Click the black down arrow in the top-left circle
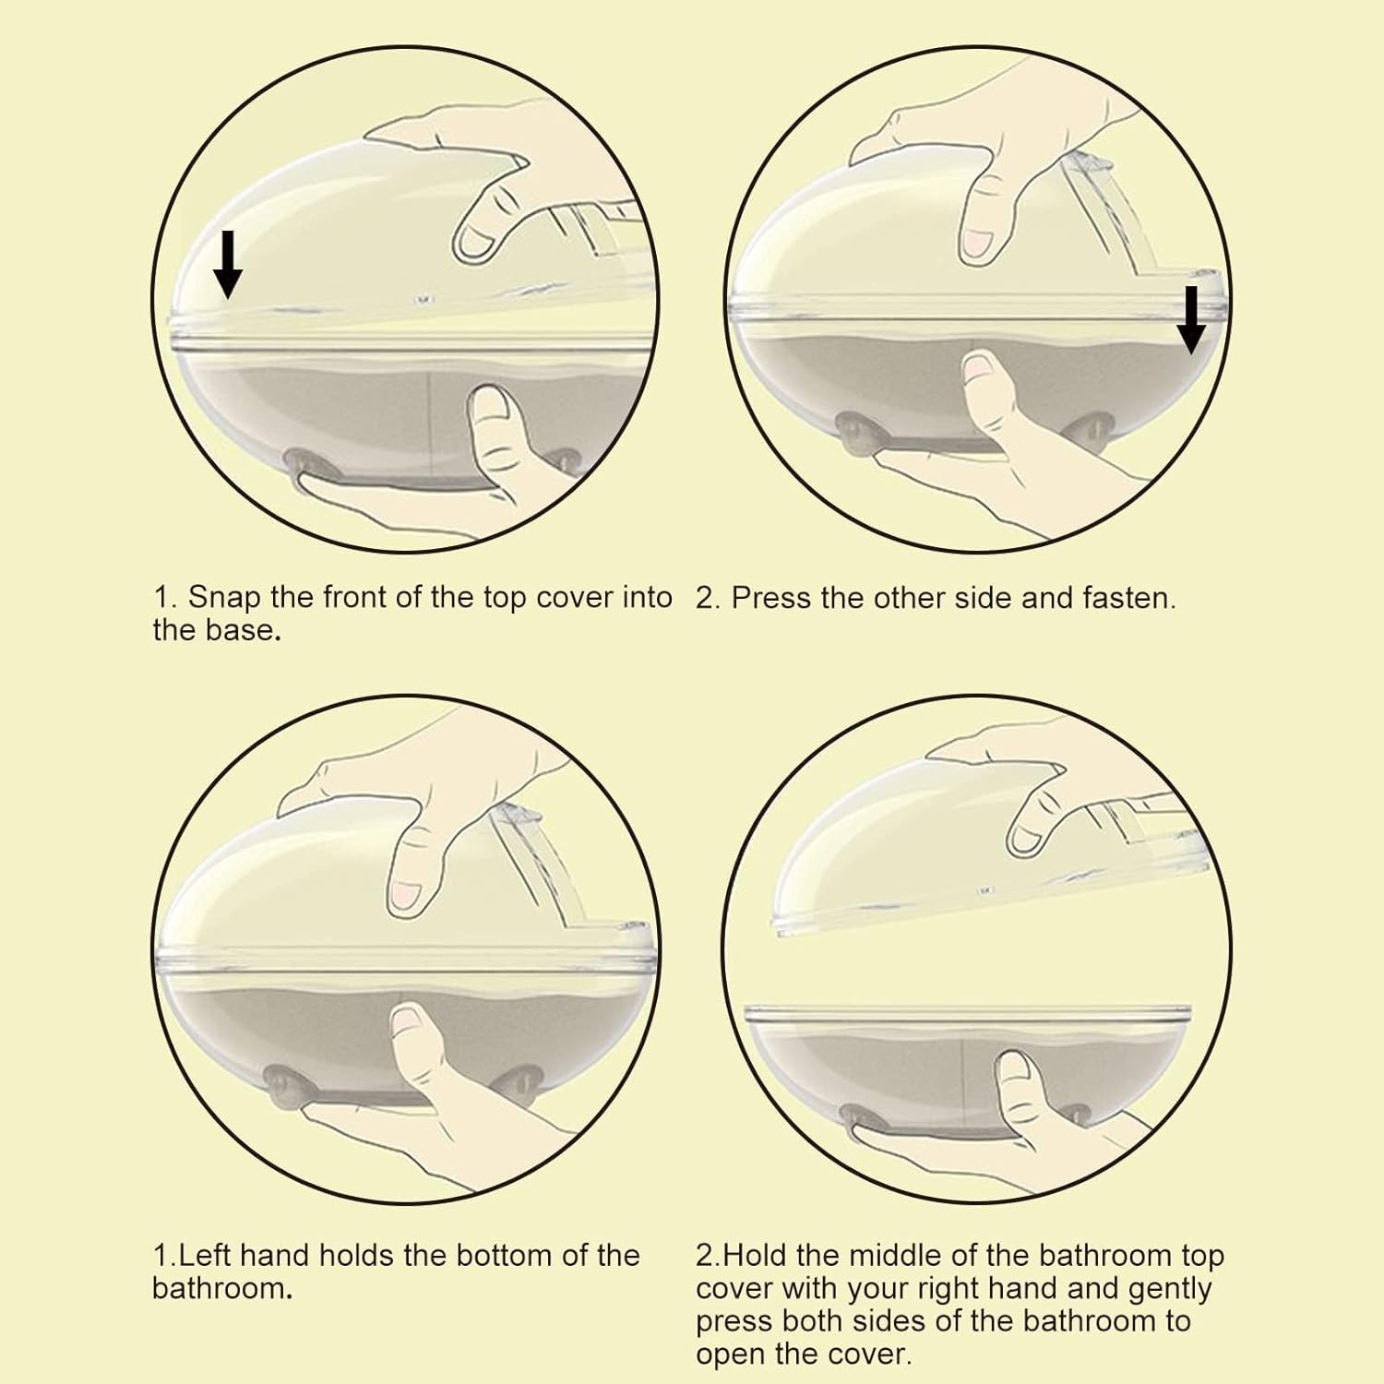point(227,264)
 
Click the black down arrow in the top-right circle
point(1191,320)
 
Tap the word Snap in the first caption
point(224,599)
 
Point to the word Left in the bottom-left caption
point(204,1255)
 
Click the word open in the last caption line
point(733,1355)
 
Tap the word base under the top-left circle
point(245,631)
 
